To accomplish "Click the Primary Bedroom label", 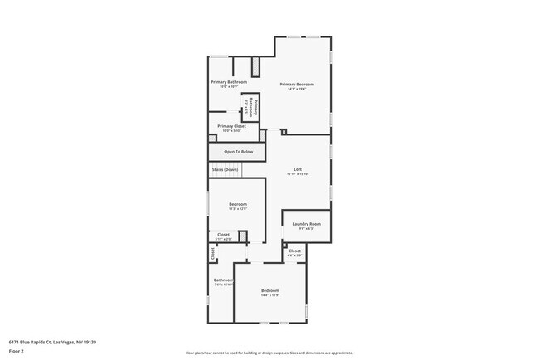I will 297,84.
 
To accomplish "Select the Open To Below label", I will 237,153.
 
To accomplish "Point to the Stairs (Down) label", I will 225,169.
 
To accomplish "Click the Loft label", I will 298,169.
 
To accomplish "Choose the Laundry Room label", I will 306,224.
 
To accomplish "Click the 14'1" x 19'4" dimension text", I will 297,89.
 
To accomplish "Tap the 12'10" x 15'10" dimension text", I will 298,174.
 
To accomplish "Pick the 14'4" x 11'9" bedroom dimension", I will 269,294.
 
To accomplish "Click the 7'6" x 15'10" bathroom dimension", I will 223,285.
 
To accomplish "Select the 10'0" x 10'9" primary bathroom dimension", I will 229,87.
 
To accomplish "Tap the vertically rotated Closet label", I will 212,254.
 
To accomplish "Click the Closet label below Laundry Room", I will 294,251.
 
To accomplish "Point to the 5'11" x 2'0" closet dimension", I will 224,239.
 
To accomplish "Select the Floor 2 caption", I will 17,351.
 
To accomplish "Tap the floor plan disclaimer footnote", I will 269,353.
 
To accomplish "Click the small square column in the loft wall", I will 284,131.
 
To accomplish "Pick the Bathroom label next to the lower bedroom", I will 223,280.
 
